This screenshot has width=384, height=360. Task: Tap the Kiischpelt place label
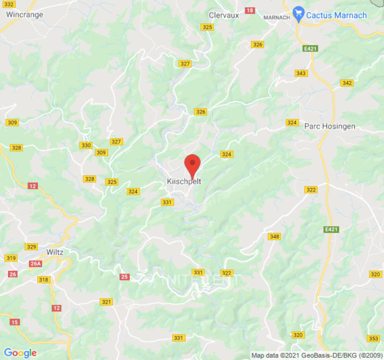(184, 182)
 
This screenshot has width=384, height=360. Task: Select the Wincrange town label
(25, 14)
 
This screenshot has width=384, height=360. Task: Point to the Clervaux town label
(224, 15)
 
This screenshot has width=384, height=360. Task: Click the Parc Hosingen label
(330, 126)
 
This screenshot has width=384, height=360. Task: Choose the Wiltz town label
(55, 252)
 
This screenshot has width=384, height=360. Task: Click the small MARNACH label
(276, 18)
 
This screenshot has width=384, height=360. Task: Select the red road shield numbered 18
(250, 10)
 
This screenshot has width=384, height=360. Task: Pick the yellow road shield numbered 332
(9, 4)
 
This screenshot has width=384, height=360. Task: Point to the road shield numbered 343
(301, 73)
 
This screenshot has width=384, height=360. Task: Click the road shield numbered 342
(347, 83)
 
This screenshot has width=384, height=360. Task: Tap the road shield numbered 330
(86, 145)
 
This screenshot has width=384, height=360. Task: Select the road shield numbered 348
(274, 237)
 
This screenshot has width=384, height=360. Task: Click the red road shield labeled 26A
(36, 264)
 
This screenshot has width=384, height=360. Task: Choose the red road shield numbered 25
(125, 277)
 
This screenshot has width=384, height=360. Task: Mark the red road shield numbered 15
(15, 322)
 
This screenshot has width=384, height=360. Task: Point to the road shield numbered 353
(373, 338)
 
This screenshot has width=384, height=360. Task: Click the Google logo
(20, 353)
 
